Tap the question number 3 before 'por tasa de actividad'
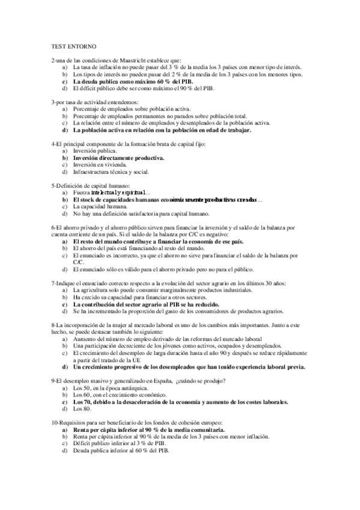point(53,102)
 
